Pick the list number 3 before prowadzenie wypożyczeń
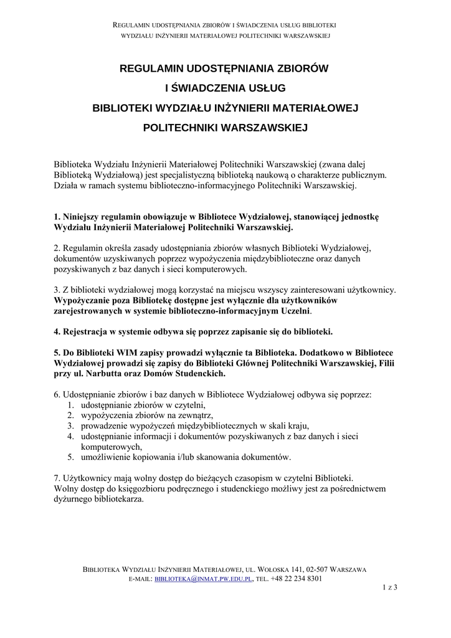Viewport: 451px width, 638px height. coord(70,426)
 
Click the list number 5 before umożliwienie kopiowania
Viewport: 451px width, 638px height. coord(70,457)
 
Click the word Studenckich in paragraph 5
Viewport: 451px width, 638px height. coord(199,374)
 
